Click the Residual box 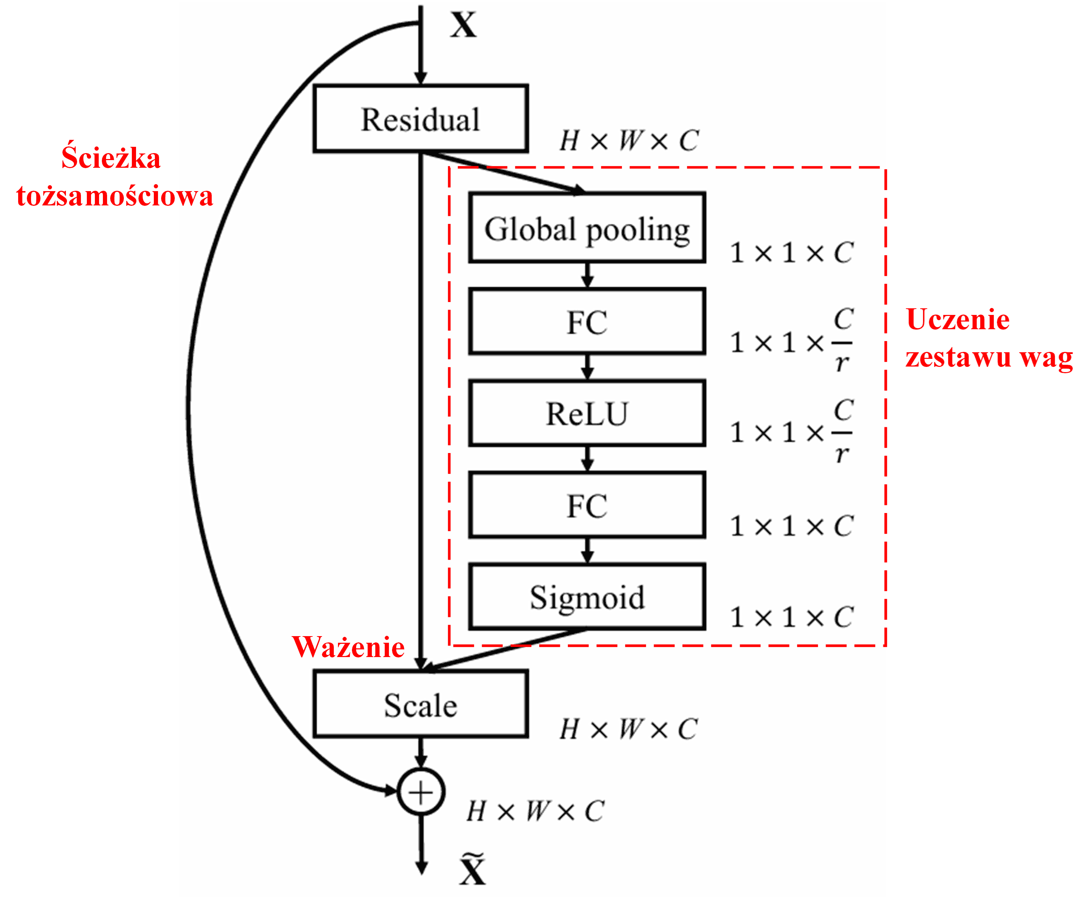[x=420, y=119]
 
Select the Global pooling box [x=587, y=228]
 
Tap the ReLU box [x=587, y=413]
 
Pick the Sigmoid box [x=587, y=597]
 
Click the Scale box [x=420, y=705]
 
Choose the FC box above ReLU [x=587, y=322]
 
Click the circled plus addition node [x=421, y=792]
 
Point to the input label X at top [x=463, y=25]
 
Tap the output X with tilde [x=472, y=870]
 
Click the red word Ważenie [x=348, y=647]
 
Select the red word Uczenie [x=957, y=319]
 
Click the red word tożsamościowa [x=115, y=196]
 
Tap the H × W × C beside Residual [x=629, y=141]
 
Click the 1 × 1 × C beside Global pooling [x=791, y=252]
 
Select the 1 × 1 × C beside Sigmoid [x=791, y=617]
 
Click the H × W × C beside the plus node [x=535, y=811]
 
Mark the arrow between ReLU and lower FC [x=587, y=458]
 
